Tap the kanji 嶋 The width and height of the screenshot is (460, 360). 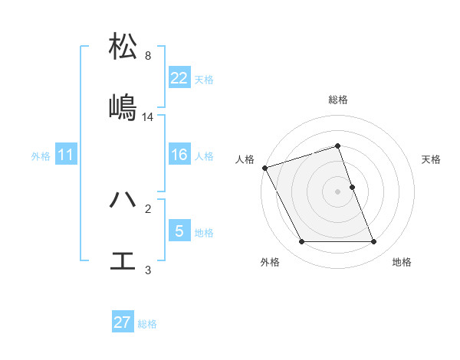click(x=123, y=106)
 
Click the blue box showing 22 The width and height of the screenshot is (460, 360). click(x=179, y=77)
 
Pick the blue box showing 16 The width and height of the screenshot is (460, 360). click(x=179, y=155)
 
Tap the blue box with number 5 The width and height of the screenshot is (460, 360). click(x=179, y=231)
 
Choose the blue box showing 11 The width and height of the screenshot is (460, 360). click(x=66, y=155)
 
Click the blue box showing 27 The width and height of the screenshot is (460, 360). click(x=123, y=322)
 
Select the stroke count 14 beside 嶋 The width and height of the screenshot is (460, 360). click(x=148, y=117)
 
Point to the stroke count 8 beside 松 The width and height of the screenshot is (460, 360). click(x=148, y=55)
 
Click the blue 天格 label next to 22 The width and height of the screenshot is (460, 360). click(x=203, y=80)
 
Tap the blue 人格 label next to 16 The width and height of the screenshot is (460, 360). click(x=203, y=156)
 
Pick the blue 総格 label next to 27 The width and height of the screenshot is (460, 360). click(x=147, y=324)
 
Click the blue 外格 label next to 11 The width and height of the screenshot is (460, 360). click(x=41, y=156)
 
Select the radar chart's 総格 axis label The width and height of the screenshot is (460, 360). click(x=337, y=100)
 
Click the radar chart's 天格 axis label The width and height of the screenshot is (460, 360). click(x=432, y=159)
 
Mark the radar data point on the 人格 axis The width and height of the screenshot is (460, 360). click(x=264, y=168)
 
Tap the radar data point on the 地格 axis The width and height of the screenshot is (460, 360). click(x=373, y=242)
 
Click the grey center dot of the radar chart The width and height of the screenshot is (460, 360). click(x=337, y=191)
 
